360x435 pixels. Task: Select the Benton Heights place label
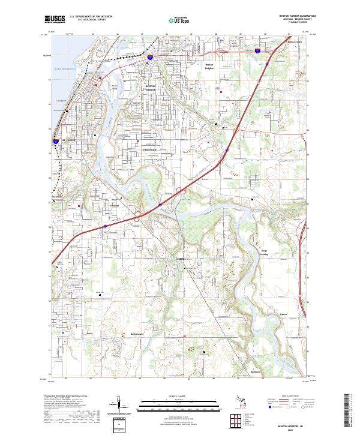209,66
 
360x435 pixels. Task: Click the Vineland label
115,206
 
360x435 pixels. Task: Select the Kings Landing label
265,252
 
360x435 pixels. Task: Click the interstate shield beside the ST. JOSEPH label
49,142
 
